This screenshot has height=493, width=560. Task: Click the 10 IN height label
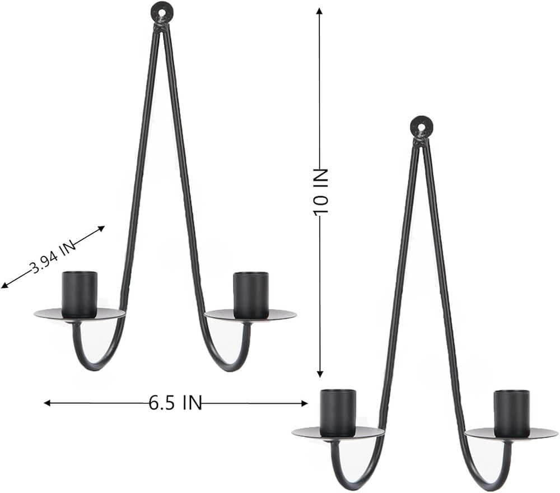[320, 192]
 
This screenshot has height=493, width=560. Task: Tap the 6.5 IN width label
[175, 403]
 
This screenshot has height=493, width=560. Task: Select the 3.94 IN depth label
[53, 257]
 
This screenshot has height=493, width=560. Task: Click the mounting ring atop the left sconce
[160, 12]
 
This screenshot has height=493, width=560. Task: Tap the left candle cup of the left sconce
[80, 294]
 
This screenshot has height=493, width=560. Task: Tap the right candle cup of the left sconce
[250, 294]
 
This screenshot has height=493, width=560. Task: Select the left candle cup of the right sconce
[338, 413]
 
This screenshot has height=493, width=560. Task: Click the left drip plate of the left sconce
[80, 315]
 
